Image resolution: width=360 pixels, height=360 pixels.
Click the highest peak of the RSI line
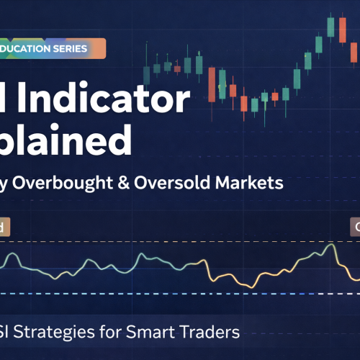(x=331, y=226)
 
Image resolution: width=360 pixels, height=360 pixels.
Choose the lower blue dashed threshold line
(x=180, y=274)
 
